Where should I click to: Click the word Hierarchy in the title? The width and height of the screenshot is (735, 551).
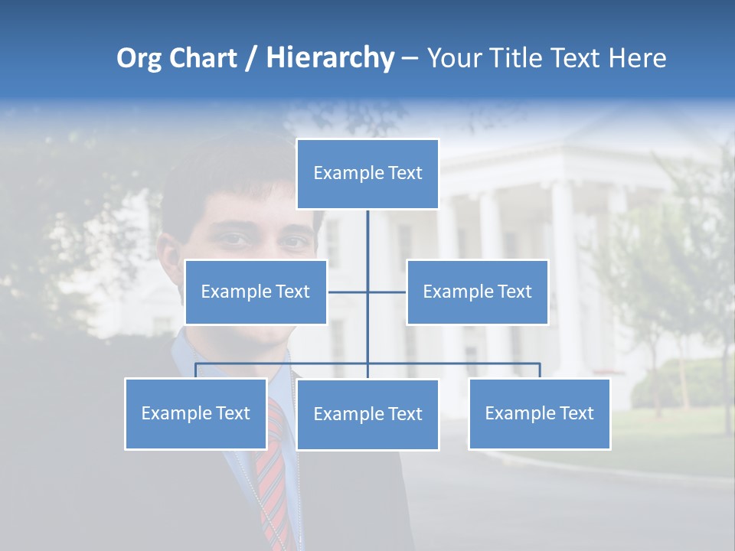(x=330, y=58)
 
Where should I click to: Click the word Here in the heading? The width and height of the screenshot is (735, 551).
(x=637, y=58)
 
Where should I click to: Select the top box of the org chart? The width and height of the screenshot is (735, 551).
(x=367, y=174)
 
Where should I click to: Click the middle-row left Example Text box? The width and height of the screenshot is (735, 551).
(x=256, y=292)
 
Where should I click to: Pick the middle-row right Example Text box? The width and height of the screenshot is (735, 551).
(x=477, y=292)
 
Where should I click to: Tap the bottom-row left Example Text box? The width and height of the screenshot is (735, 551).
(x=195, y=414)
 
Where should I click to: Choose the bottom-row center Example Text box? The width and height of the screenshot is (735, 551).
(x=367, y=415)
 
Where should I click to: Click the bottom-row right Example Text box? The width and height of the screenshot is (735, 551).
(x=539, y=414)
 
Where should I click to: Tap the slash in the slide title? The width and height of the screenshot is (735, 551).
(x=251, y=58)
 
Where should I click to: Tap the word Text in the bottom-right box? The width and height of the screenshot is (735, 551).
(x=577, y=414)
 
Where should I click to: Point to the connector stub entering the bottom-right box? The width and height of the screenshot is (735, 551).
(x=540, y=370)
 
